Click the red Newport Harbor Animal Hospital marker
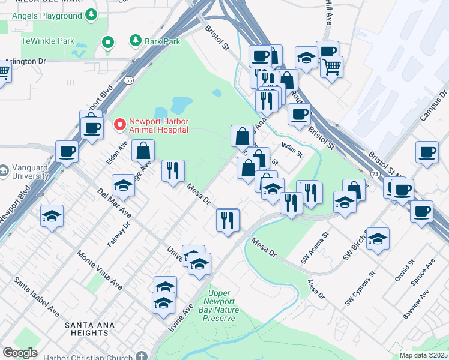(x=119, y=125)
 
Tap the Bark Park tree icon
(x=135, y=41)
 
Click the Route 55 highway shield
(x=129, y=79)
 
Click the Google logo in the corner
(x=20, y=353)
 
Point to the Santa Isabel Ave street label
(x=37, y=296)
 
